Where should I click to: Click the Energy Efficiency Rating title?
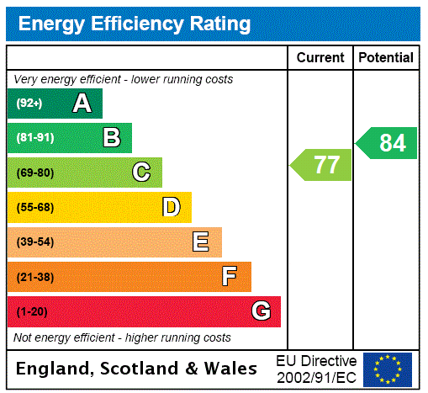135,24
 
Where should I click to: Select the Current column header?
320,58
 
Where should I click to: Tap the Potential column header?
386,58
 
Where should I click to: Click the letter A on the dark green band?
82,104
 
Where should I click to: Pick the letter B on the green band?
111,138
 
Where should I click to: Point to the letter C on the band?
141,173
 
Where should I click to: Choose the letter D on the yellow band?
171,207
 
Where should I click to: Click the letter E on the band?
201,242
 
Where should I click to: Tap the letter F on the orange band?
229,276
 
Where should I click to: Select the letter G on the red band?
261,311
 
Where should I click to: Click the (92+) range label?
29,104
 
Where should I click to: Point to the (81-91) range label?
34,138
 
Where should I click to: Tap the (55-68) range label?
34,208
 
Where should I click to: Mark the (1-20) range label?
32,312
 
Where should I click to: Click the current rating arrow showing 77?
322,165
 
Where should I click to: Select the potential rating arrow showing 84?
388,143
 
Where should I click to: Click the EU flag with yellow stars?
388,369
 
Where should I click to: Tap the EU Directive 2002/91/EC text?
316,369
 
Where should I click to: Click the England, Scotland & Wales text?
137,369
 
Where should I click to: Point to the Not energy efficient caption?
122,337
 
